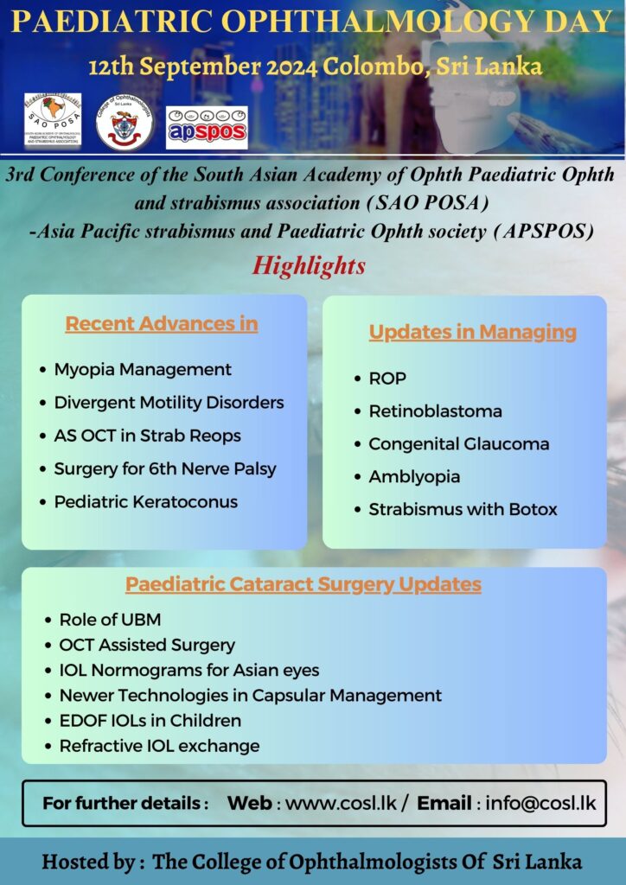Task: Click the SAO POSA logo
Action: click(x=53, y=121)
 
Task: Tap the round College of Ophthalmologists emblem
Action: click(x=125, y=122)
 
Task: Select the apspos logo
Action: click(x=207, y=128)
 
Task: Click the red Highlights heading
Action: click(x=309, y=265)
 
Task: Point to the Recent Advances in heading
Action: click(x=162, y=324)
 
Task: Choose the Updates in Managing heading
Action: click(x=472, y=332)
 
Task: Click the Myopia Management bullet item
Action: click(x=143, y=370)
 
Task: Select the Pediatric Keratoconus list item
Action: click(x=145, y=502)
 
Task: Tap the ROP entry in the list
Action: click(x=387, y=379)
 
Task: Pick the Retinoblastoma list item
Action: click(x=435, y=411)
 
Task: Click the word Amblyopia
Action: click(x=414, y=477)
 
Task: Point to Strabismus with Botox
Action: click(x=463, y=510)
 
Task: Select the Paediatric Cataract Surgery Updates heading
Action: click(x=303, y=584)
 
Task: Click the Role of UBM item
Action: click(x=110, y=620)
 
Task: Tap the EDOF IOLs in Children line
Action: click(x=150, y=721)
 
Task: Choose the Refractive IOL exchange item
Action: click(x=159, y=746)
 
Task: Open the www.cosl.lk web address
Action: click(x=342, y=803)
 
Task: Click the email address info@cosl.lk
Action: click(x=540, y=803)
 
